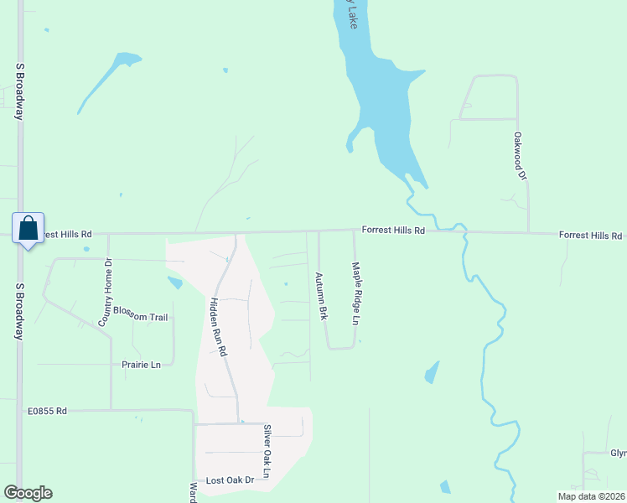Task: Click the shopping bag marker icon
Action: coord(28,228)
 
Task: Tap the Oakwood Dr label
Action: coord(520,156)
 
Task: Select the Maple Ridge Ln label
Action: coord(355,293)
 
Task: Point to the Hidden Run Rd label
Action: coord(218,327)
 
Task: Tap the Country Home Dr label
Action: coord(105,292)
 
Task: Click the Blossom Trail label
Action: coord(141,317)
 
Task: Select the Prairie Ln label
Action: coord(141,365)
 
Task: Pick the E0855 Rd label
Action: coord(47,411)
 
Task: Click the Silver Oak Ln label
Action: coord(267,452)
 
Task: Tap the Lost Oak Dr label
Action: coord(230,480)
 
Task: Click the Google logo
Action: coord(28,493)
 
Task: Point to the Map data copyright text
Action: coord(591,495)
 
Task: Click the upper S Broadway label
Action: coord(18,91)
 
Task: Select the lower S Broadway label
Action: coord(18,310)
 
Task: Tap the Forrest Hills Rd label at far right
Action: coord(590,236)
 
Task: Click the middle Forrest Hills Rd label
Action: coord(393,230)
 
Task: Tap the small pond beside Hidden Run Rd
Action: coord(175,283)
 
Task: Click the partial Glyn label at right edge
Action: coord(618,454)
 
